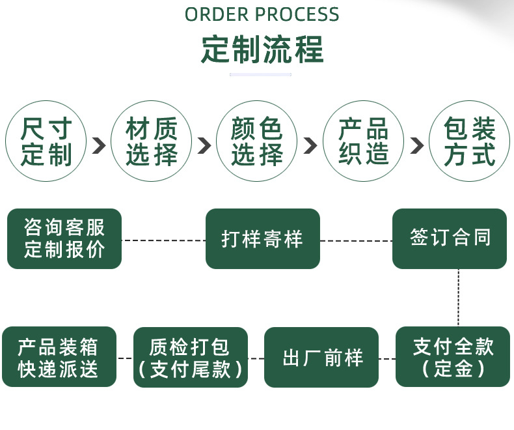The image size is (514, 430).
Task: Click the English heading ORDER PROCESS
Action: [262, 14]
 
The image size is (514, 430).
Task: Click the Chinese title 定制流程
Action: [262, 50]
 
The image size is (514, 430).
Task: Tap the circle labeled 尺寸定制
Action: [46, 141]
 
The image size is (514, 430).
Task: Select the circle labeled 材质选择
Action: [152, 141]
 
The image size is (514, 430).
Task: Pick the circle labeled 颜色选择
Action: [257, 141]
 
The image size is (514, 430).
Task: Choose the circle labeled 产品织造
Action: [363, 141]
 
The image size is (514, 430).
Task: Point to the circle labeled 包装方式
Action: [469, 141]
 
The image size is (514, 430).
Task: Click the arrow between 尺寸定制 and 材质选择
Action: [99, 145]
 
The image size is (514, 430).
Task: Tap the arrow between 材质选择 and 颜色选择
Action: [204, 145]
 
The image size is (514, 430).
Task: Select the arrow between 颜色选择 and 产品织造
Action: [310, 145]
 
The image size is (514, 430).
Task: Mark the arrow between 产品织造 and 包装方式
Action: [416, 145]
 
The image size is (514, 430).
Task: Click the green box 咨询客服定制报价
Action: [64, 238]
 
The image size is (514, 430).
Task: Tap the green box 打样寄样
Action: [263, 238]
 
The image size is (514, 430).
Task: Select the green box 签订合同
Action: [450, 238]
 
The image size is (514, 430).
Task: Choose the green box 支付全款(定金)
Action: [453, 356]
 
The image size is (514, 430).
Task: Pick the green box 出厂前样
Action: [321, 358]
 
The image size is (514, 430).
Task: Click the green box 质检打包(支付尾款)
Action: [191, 358]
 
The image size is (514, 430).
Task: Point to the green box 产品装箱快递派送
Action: [59, 358]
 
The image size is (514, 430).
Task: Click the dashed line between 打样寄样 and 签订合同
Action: [356, 240]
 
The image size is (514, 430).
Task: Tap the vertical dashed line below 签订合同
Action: [459, 297]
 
